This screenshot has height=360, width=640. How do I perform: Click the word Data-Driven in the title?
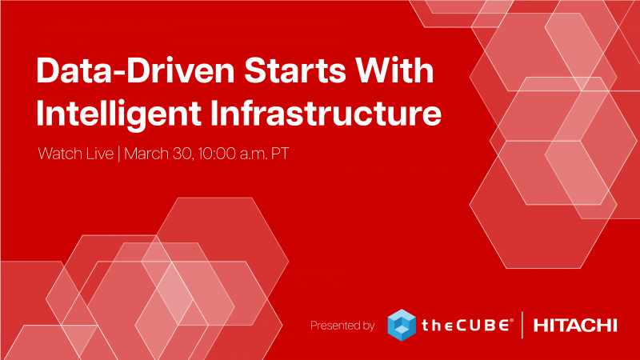point(135,70)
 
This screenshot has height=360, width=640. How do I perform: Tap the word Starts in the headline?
point(294,70)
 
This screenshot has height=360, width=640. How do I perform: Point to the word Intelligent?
point(118,114)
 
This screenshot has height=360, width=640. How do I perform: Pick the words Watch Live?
point(75,154)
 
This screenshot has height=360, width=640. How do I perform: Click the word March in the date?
point(146,154)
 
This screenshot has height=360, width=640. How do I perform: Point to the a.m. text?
point(254,154)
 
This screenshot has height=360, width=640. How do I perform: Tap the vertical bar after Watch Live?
point(118,154)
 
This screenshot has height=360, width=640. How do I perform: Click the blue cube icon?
point(402,325)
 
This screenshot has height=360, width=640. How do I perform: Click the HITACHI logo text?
point(575,326)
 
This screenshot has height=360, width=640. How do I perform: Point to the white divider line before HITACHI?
point(522,325)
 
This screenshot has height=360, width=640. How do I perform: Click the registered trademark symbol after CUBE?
point(511,322)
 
